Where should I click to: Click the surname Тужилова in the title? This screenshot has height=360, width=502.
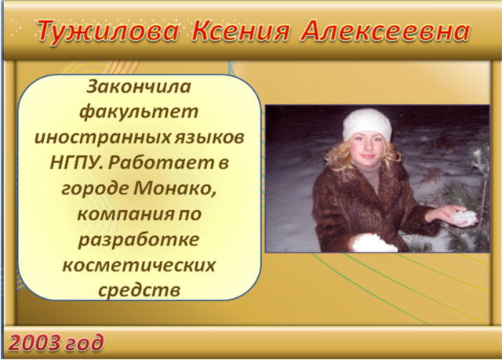point(107,31)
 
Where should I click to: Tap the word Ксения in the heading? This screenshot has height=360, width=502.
point(241,31)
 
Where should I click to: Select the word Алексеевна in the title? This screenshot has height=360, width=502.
point(385,31)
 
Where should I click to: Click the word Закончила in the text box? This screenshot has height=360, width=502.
point(139,86)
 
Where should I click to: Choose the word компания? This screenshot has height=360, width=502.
point(121,214)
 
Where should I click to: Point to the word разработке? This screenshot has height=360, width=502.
point(139,240)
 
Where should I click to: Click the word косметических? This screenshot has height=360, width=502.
point(139,266)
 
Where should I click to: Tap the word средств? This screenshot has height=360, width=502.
point(139,290)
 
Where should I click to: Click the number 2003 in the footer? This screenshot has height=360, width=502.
point(34,343)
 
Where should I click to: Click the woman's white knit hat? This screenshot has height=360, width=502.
point(367,125)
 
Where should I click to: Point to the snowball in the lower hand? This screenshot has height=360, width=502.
point(373,243)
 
